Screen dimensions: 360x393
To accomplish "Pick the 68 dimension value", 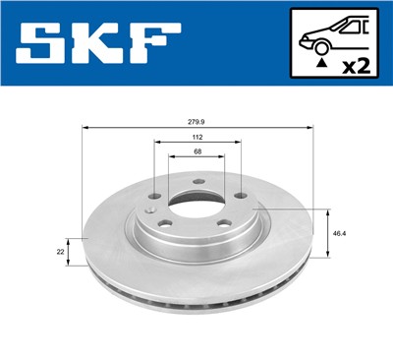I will pos(197,153).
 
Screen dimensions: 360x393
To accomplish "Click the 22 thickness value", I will pos(61,252).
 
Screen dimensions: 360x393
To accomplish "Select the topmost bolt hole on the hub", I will pos(196,180).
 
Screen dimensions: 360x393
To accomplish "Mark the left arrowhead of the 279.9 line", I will pos(85,128).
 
